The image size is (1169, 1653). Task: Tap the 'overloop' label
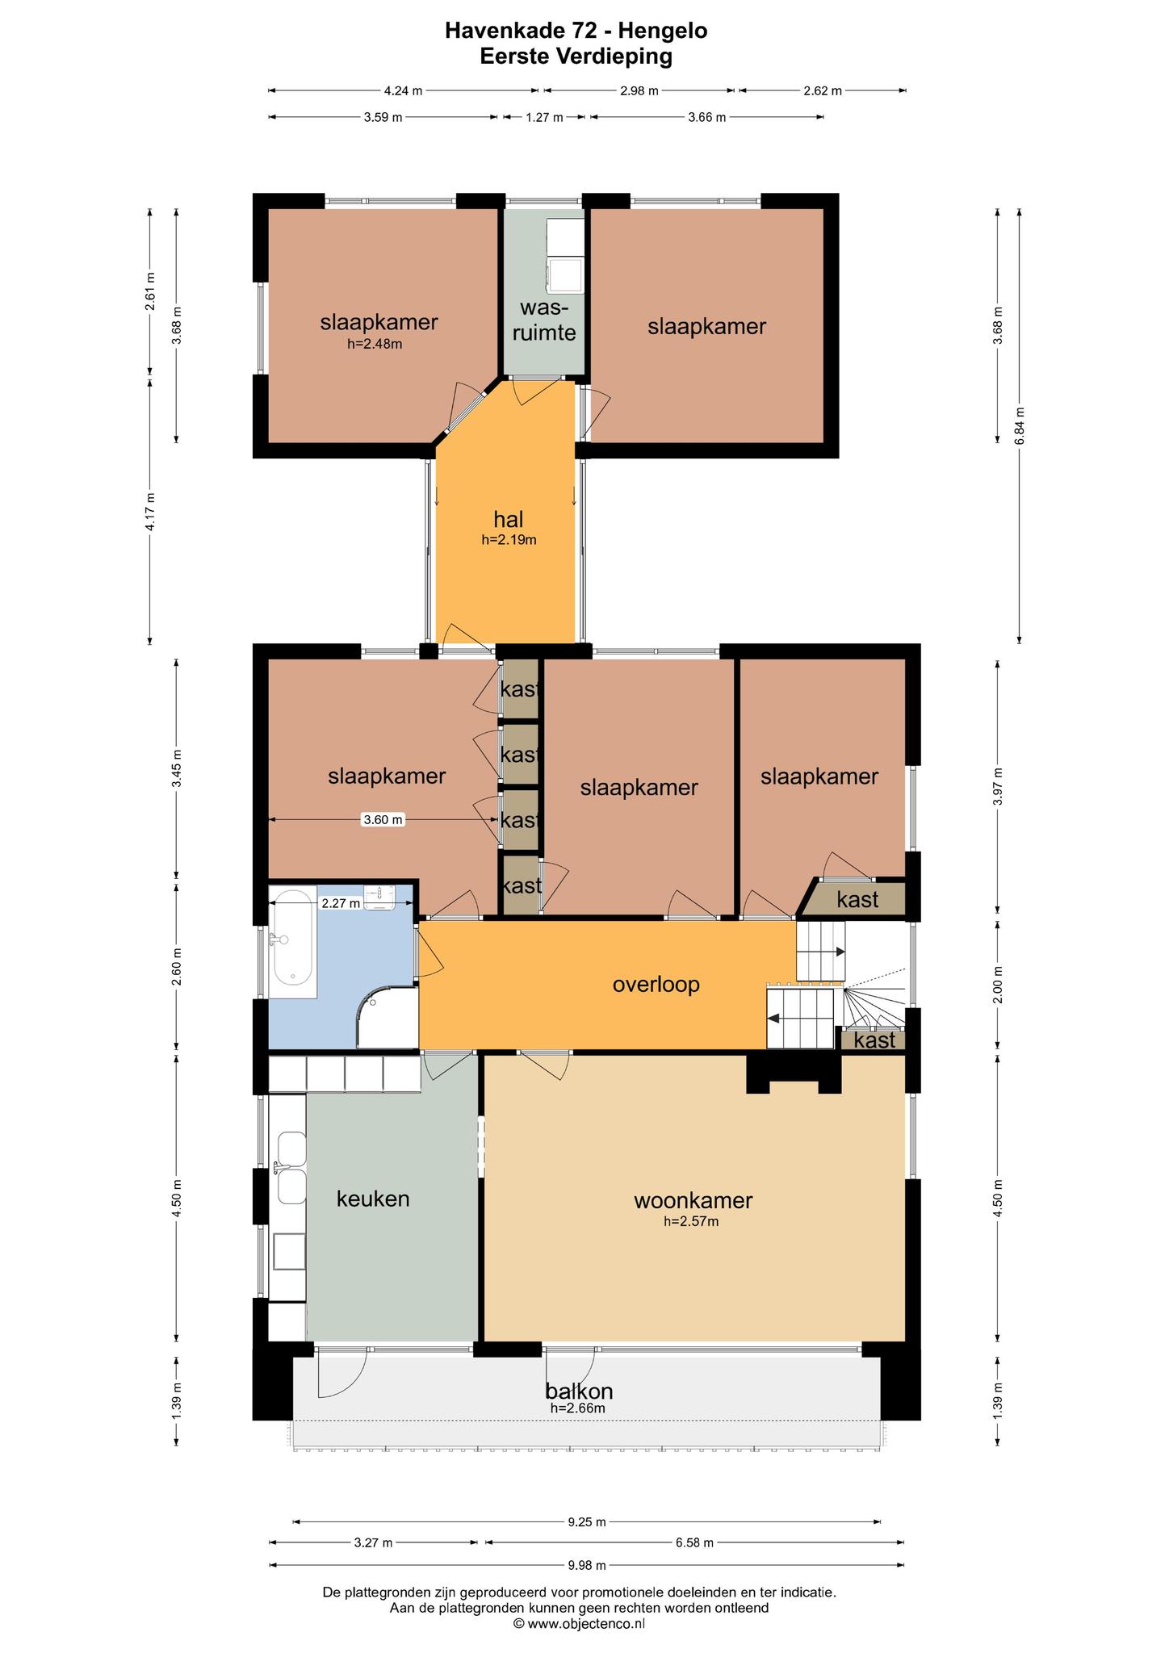pyautogui.click(x=656, y=985)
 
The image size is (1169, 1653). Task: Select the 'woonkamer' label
pyautogui.click(x=693, y=1200)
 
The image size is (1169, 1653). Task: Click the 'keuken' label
pyautogui.click(x=373, y=1199)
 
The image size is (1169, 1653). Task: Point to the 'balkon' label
pyautogui.click(x=579, y=1391)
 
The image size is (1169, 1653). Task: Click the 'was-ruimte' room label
pyautogui.click(x=545, y=320)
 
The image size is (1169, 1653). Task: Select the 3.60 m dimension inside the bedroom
pyautogui.click(x=383, y=820)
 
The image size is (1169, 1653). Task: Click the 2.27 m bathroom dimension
pyautogui.click(x=341, y=903)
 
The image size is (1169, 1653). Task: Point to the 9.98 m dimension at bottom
pyautogui.click(x=586, y=1565)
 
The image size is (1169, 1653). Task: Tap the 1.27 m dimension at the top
pyautogui.click(x=544, y=117)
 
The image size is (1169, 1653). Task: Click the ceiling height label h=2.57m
pyautogui.click(x=691, y=1221)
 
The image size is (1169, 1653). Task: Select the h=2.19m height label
pyautogui.click(x=509, y=540)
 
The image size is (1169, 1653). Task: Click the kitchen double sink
pyautogui.click(x=291, y=1167)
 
